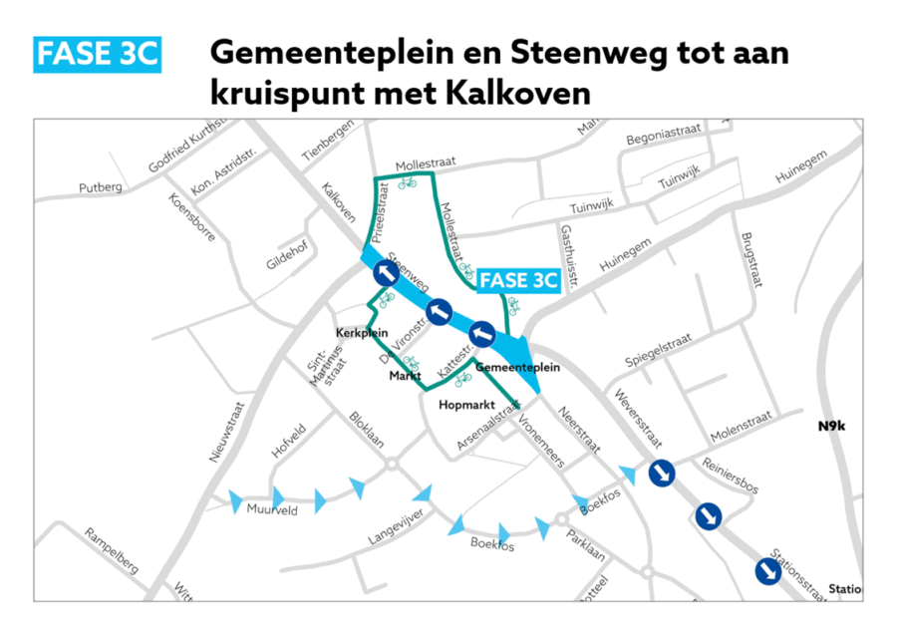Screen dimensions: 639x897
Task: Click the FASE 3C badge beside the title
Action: (x=98, y=54)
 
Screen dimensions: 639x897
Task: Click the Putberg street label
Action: (x=100, y=187)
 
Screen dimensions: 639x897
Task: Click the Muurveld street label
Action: (x=267, y=509)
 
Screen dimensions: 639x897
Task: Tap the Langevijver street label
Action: (x=396, y=525)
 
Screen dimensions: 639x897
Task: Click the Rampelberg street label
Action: (x=112, y=551)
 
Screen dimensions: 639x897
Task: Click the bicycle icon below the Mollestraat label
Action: (x=407, y=183)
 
